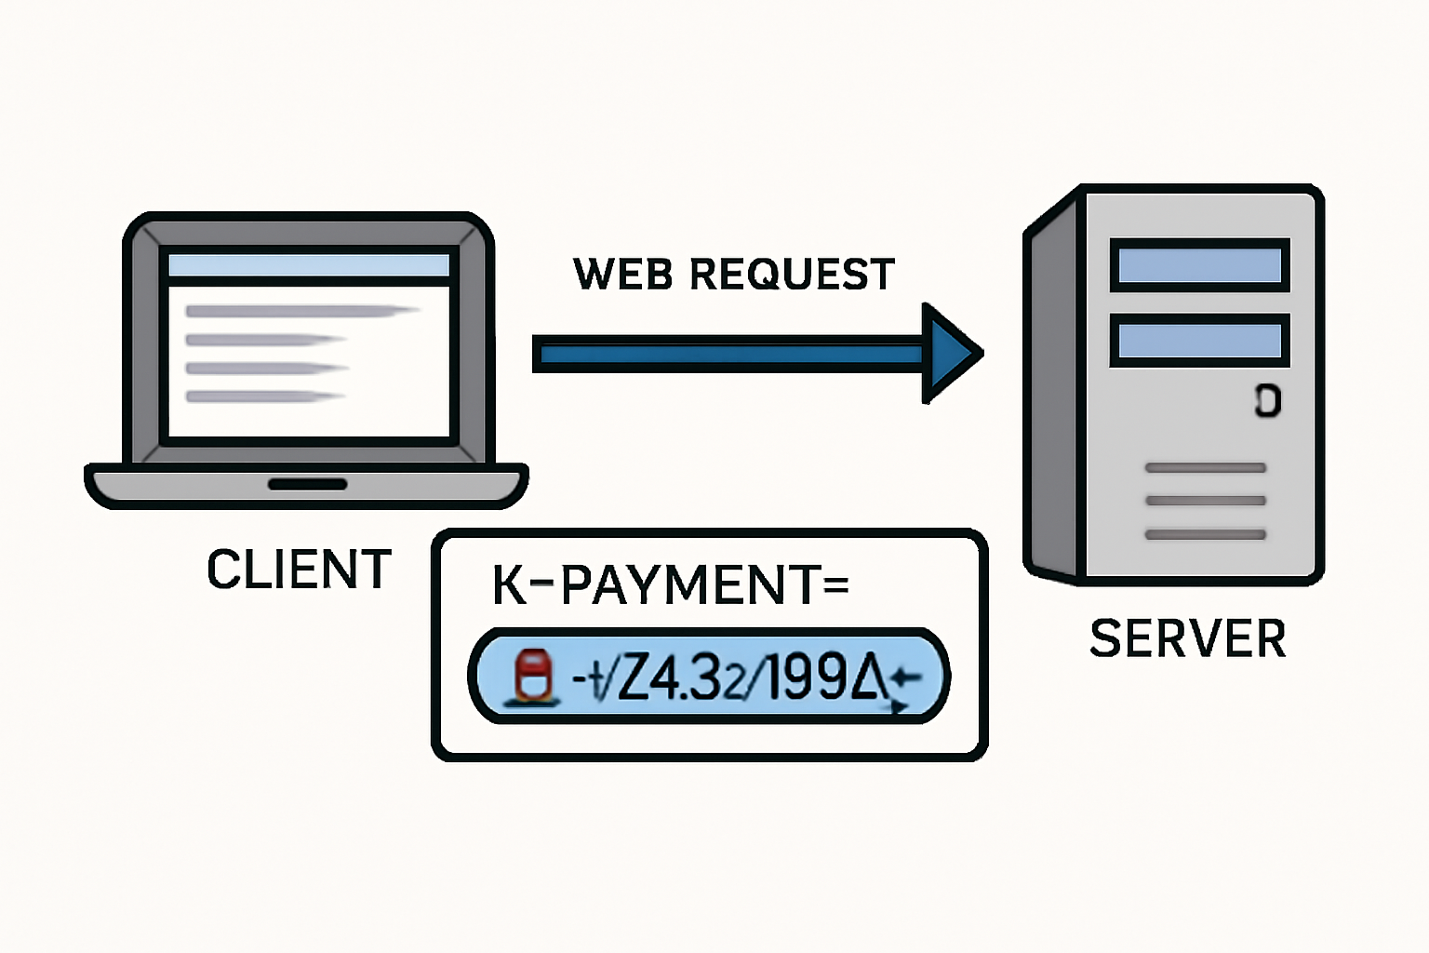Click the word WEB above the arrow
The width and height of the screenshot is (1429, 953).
point(622,275)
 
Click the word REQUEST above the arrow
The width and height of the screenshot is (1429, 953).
point(792,275)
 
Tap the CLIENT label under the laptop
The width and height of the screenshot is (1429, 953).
point(299,570)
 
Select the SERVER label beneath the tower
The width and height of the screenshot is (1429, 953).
point(1187,638)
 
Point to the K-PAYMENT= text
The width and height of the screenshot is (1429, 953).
point(670,585)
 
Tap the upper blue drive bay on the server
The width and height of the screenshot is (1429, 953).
point(1199,265)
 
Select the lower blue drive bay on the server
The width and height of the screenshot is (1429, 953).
point(1199,341)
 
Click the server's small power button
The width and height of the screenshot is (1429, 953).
point(1267,400)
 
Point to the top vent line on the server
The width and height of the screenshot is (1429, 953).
point(1205,468)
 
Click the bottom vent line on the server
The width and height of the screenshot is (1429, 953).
point(1205,534)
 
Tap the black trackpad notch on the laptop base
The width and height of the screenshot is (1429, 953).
point(307,484)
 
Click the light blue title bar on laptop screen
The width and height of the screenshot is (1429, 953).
point(308,265)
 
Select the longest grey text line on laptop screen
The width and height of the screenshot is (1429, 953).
point(302,311)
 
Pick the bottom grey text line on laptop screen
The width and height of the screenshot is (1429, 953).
point(265,396)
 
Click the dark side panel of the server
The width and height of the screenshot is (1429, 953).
point(1054,391)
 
